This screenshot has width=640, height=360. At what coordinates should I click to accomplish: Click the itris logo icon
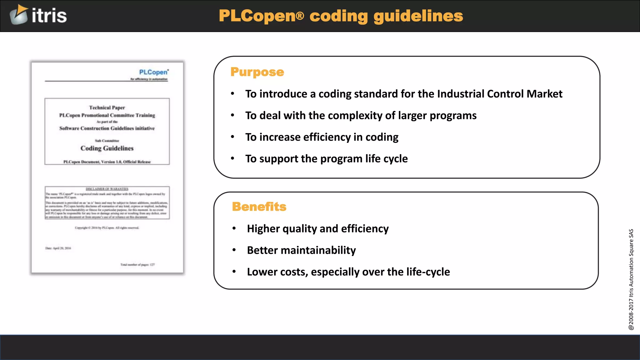(x=19, y=15)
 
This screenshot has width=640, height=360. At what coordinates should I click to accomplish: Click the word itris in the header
(x=49, y=16)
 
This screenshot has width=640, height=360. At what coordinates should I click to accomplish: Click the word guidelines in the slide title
(x=418, y=16)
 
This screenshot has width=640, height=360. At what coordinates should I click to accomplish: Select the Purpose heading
(x=257, y=72)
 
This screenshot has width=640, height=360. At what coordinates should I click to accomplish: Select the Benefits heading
(x=259, y=207)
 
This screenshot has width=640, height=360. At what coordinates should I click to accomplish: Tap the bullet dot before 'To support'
(x=232, y=158)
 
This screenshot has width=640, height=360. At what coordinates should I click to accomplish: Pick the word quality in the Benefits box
(x=300, y=229)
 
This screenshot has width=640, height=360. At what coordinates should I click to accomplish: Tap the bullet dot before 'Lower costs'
(x=234, y=272)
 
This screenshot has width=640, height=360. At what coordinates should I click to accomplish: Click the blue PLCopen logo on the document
(x=153, y=72)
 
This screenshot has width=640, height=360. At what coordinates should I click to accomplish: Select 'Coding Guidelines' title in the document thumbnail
(x=107, y=148)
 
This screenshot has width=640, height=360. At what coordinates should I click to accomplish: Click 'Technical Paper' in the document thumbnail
(x=107, y=107)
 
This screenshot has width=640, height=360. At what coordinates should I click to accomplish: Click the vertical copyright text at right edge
(x=631, y=279)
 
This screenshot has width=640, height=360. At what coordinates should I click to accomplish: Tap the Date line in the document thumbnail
(x=58, y=248)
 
